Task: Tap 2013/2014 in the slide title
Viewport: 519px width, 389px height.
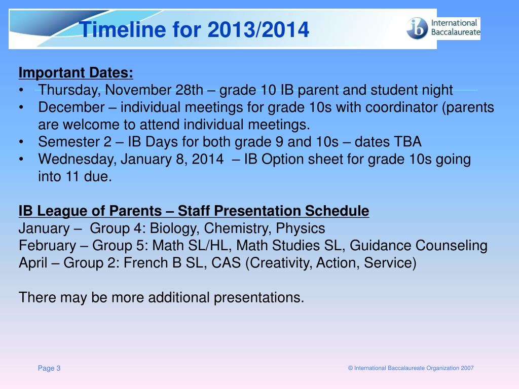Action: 258,29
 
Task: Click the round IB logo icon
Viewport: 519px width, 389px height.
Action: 418,28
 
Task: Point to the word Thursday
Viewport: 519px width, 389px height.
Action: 69,90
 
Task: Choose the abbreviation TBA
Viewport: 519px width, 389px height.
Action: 405,142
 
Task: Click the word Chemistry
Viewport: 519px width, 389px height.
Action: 238,228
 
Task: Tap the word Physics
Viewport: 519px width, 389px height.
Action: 301,228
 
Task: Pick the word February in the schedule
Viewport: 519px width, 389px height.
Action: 47,246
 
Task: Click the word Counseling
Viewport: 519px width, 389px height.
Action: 452,246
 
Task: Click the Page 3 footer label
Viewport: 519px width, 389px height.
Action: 49,368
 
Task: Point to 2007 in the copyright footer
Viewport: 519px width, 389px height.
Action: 467,368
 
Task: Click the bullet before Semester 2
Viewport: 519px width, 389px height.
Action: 21,142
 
